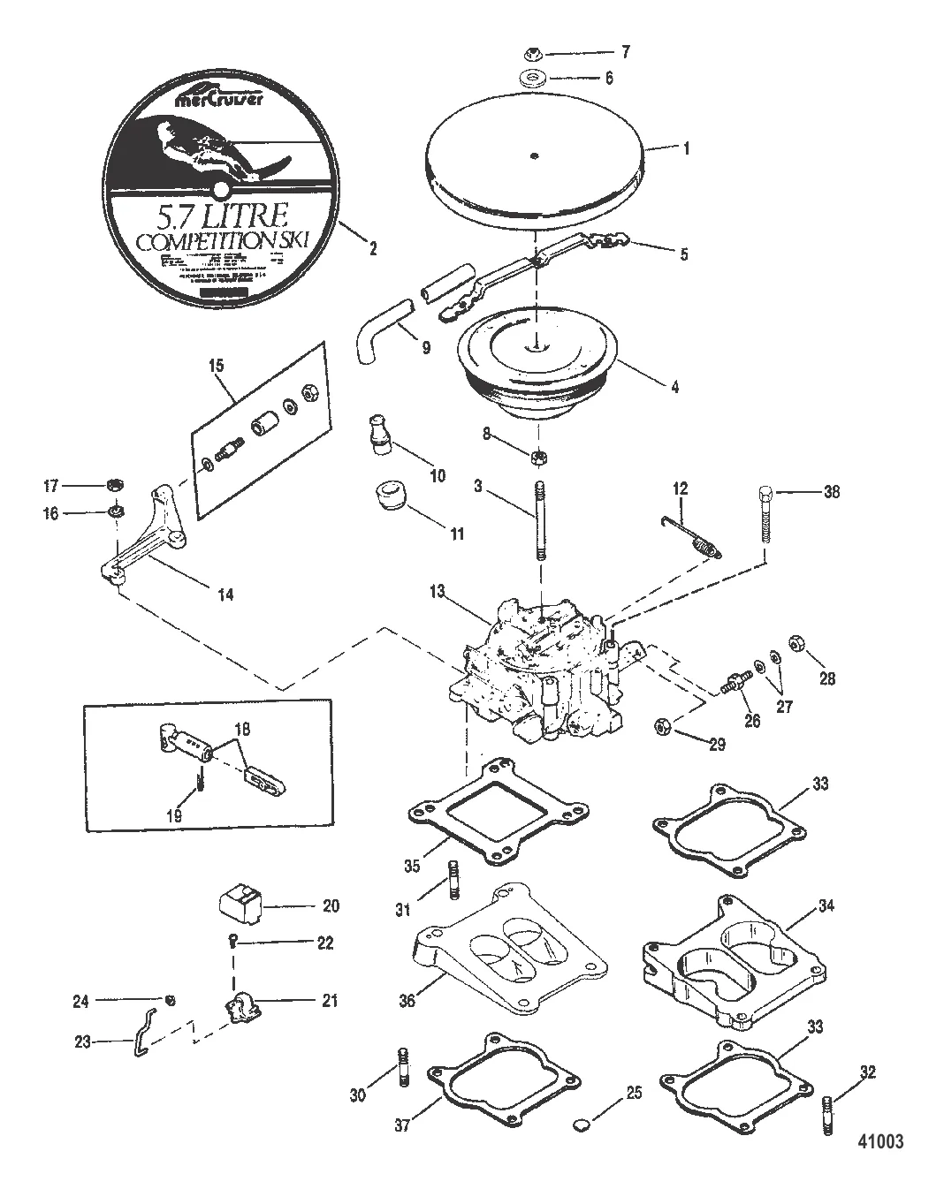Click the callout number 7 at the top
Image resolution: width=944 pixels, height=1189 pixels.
tap(625, 53)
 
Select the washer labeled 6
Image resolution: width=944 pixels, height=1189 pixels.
tap(533, 78)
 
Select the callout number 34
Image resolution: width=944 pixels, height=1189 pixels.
tap(826, 905)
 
